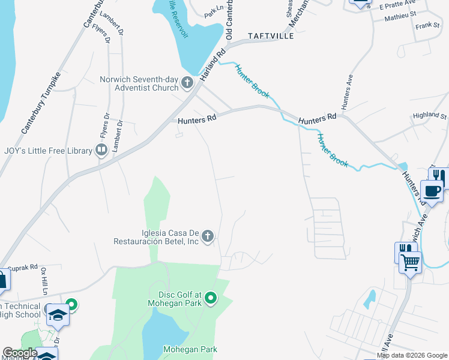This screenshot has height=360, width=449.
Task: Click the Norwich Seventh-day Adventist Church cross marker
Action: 187,83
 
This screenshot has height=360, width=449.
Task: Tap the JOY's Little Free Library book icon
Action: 101,150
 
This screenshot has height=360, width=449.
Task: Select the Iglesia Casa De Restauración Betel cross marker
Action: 208,236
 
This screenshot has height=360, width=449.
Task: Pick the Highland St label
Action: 430,115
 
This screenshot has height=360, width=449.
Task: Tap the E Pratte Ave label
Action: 393,6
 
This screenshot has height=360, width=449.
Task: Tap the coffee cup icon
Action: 432,191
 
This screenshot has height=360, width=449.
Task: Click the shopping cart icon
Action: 411,262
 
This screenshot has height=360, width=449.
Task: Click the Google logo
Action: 20,353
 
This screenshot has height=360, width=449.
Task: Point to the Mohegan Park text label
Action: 190,349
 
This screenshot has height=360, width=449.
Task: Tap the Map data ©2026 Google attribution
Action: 412,355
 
